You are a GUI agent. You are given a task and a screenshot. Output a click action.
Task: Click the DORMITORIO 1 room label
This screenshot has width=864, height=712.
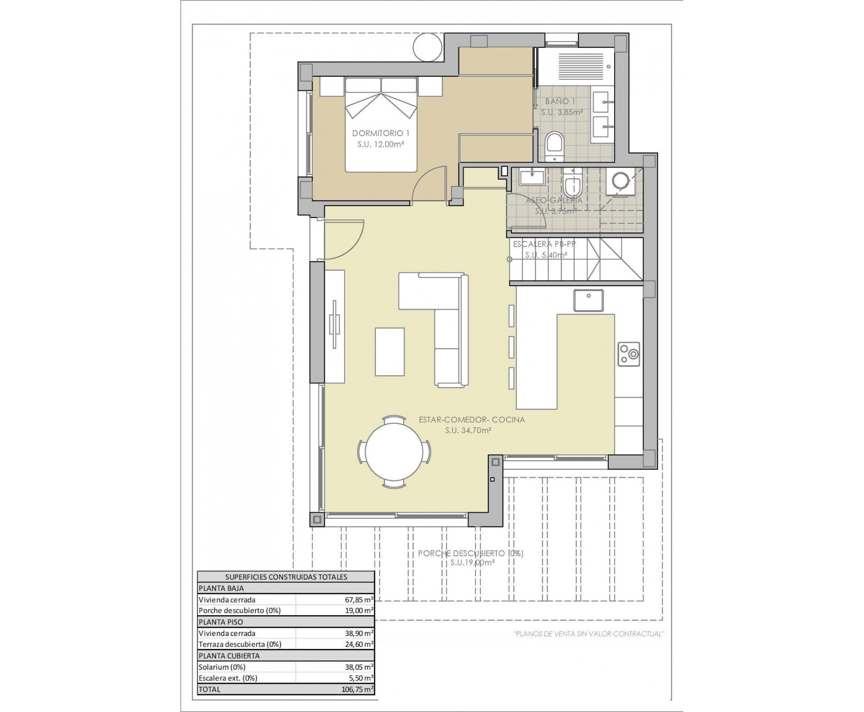pyautogui.click(x=381, y=133)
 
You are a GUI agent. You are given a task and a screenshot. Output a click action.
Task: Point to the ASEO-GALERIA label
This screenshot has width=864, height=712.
pyautogui.click(x=554, y=200)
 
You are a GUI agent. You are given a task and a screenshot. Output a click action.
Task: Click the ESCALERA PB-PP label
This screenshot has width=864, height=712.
pyautogui.click(x=544, y=244)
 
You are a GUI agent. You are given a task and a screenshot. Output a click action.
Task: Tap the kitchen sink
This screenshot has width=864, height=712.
pyautogui.click(x=588, y=301)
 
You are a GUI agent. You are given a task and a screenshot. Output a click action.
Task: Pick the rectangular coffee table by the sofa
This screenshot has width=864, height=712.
pyautogui.click(x=390, y=352)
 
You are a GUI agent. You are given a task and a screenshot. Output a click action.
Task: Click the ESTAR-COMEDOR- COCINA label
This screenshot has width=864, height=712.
pyautogui.click(x=472, y=420)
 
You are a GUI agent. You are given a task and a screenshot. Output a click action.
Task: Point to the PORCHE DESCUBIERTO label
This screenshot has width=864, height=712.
pyautogui.click(x=470, y=553)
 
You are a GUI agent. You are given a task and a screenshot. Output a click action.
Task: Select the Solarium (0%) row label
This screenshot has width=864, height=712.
pyautogui.click(x=222, y=667)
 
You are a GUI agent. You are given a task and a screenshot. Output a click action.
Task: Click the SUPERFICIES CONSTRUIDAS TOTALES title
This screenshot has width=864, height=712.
pyautogui.click(x=286, y=577)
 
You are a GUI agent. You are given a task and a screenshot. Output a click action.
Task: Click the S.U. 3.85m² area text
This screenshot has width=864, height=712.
pyautogui.click(x=561, y=112)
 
